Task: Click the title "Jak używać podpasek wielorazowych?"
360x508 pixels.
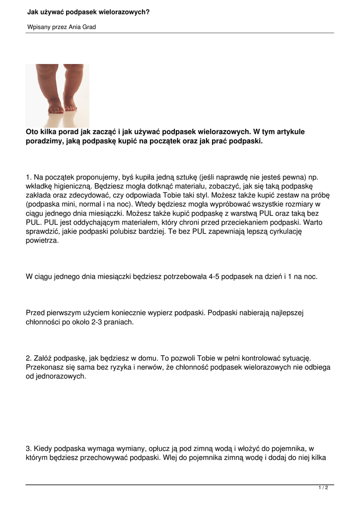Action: pos(88,11)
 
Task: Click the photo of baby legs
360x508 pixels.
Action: pos(58,96)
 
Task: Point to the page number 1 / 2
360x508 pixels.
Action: pos(323,488)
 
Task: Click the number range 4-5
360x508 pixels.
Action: pos(211,277)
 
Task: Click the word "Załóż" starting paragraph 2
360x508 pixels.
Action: pos(45,358)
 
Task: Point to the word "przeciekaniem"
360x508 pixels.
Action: pos(228,222)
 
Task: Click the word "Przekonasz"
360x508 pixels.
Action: pos(46,367)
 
